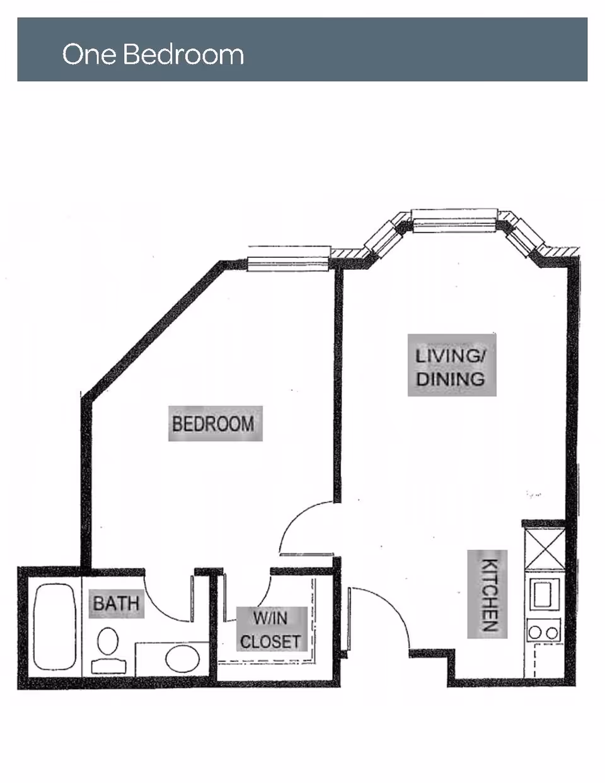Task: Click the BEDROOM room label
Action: (213, 424)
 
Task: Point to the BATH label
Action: (116, 603)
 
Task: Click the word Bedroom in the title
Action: (183, 54)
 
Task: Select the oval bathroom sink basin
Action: (182, 659)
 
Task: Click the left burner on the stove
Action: (535, 632)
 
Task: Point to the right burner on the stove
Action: (551, 632)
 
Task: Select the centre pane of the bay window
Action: (454, 220)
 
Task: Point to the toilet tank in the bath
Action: (108, 665)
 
